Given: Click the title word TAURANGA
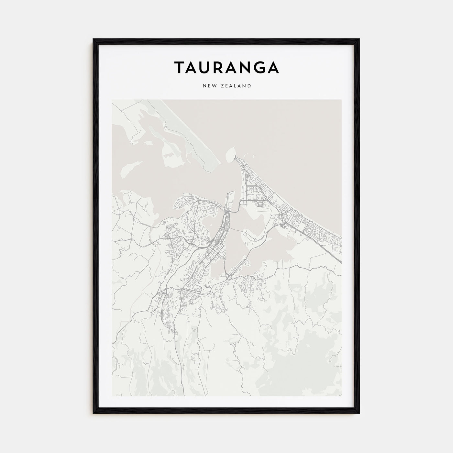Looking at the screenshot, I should click(x=226, y=67).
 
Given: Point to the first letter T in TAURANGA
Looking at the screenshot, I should click(x=180, y=67).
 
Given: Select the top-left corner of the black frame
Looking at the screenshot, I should click(x=94, y=39).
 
